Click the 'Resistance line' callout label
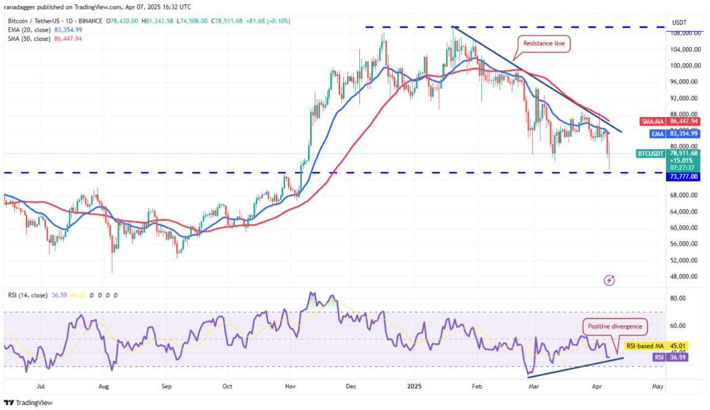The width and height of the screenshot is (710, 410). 544,43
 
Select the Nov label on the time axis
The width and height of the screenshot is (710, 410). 290,386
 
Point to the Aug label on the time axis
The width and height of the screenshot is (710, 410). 103,386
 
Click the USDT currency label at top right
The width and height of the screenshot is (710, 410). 680,22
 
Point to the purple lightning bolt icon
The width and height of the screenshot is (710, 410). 609,281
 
